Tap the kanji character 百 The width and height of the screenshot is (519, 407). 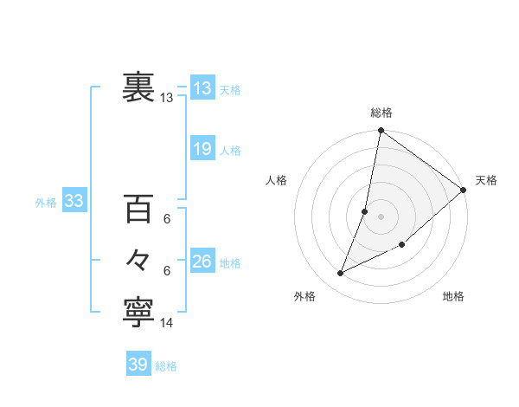click(x=138, y=210)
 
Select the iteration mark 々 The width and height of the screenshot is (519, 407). click(x=138, y=260)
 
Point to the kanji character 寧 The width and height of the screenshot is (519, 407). click(x=138, y=313)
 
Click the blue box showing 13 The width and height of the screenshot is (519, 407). click(x=202, y=88)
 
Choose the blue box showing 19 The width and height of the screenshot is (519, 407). click(x=202, y=149)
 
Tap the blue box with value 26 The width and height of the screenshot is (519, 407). click(x=202, y=262)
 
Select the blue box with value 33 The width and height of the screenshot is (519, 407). click(x=74, y=202)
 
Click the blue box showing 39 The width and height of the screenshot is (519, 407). click(x=138, y=365)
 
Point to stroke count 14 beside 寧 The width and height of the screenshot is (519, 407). click(x=167, y=323)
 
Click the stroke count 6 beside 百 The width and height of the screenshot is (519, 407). click(x=167, y=219)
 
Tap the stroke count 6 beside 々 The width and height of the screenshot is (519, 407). click(x=167, y=271)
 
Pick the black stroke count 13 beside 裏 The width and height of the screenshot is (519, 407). click(x=167, y=98)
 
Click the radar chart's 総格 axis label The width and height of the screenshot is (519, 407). click(x=381, y=113)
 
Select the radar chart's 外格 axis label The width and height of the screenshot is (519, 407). click(x=304, y=296)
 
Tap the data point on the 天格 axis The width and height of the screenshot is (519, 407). click(x=463, y=191)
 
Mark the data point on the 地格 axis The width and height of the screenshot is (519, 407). click(x=402, y=244)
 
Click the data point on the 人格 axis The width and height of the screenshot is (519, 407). click(x=365, y=211)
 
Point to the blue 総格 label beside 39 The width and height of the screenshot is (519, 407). click(x=166, y=366)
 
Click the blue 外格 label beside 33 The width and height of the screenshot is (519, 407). click(x=46, y=203)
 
